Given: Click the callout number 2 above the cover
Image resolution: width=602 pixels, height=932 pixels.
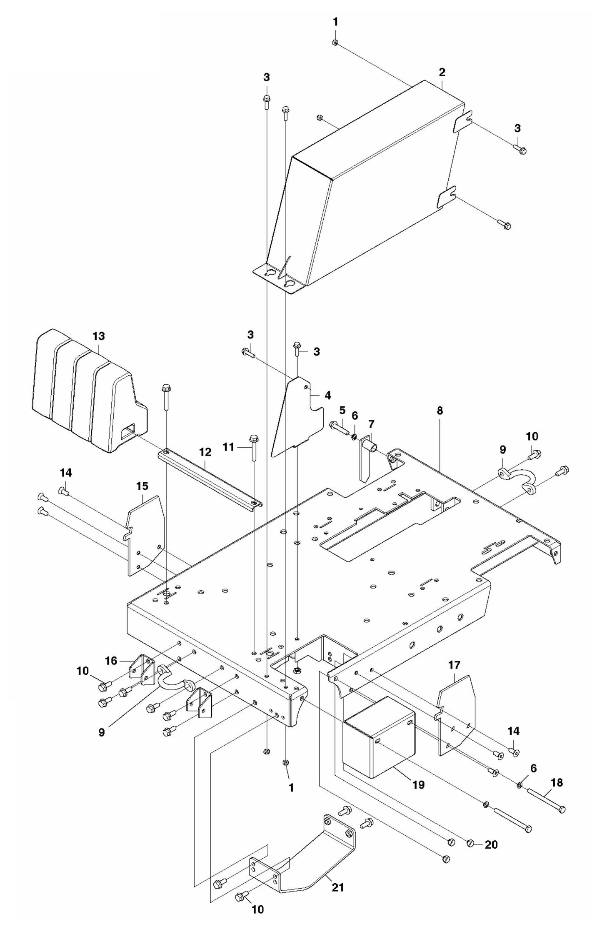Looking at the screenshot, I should [442, 72].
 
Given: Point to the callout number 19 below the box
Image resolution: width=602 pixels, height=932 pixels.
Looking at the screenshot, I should [418, 785].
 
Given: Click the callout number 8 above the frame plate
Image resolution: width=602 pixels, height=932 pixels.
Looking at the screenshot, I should [440, 411].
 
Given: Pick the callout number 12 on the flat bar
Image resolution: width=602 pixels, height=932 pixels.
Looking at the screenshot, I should [205, 452].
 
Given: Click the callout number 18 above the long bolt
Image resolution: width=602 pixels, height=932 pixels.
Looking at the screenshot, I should [557, 771].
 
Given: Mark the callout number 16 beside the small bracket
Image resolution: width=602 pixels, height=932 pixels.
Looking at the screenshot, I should [111, 661].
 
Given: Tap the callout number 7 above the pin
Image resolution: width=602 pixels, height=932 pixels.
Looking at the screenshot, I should [371, 424].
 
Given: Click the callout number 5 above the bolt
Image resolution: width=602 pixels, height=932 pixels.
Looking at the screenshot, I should [342, 411].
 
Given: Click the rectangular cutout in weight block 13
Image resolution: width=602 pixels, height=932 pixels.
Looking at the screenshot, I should [128, 431].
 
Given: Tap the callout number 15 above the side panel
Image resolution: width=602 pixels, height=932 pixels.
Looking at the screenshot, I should [142, 486].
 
